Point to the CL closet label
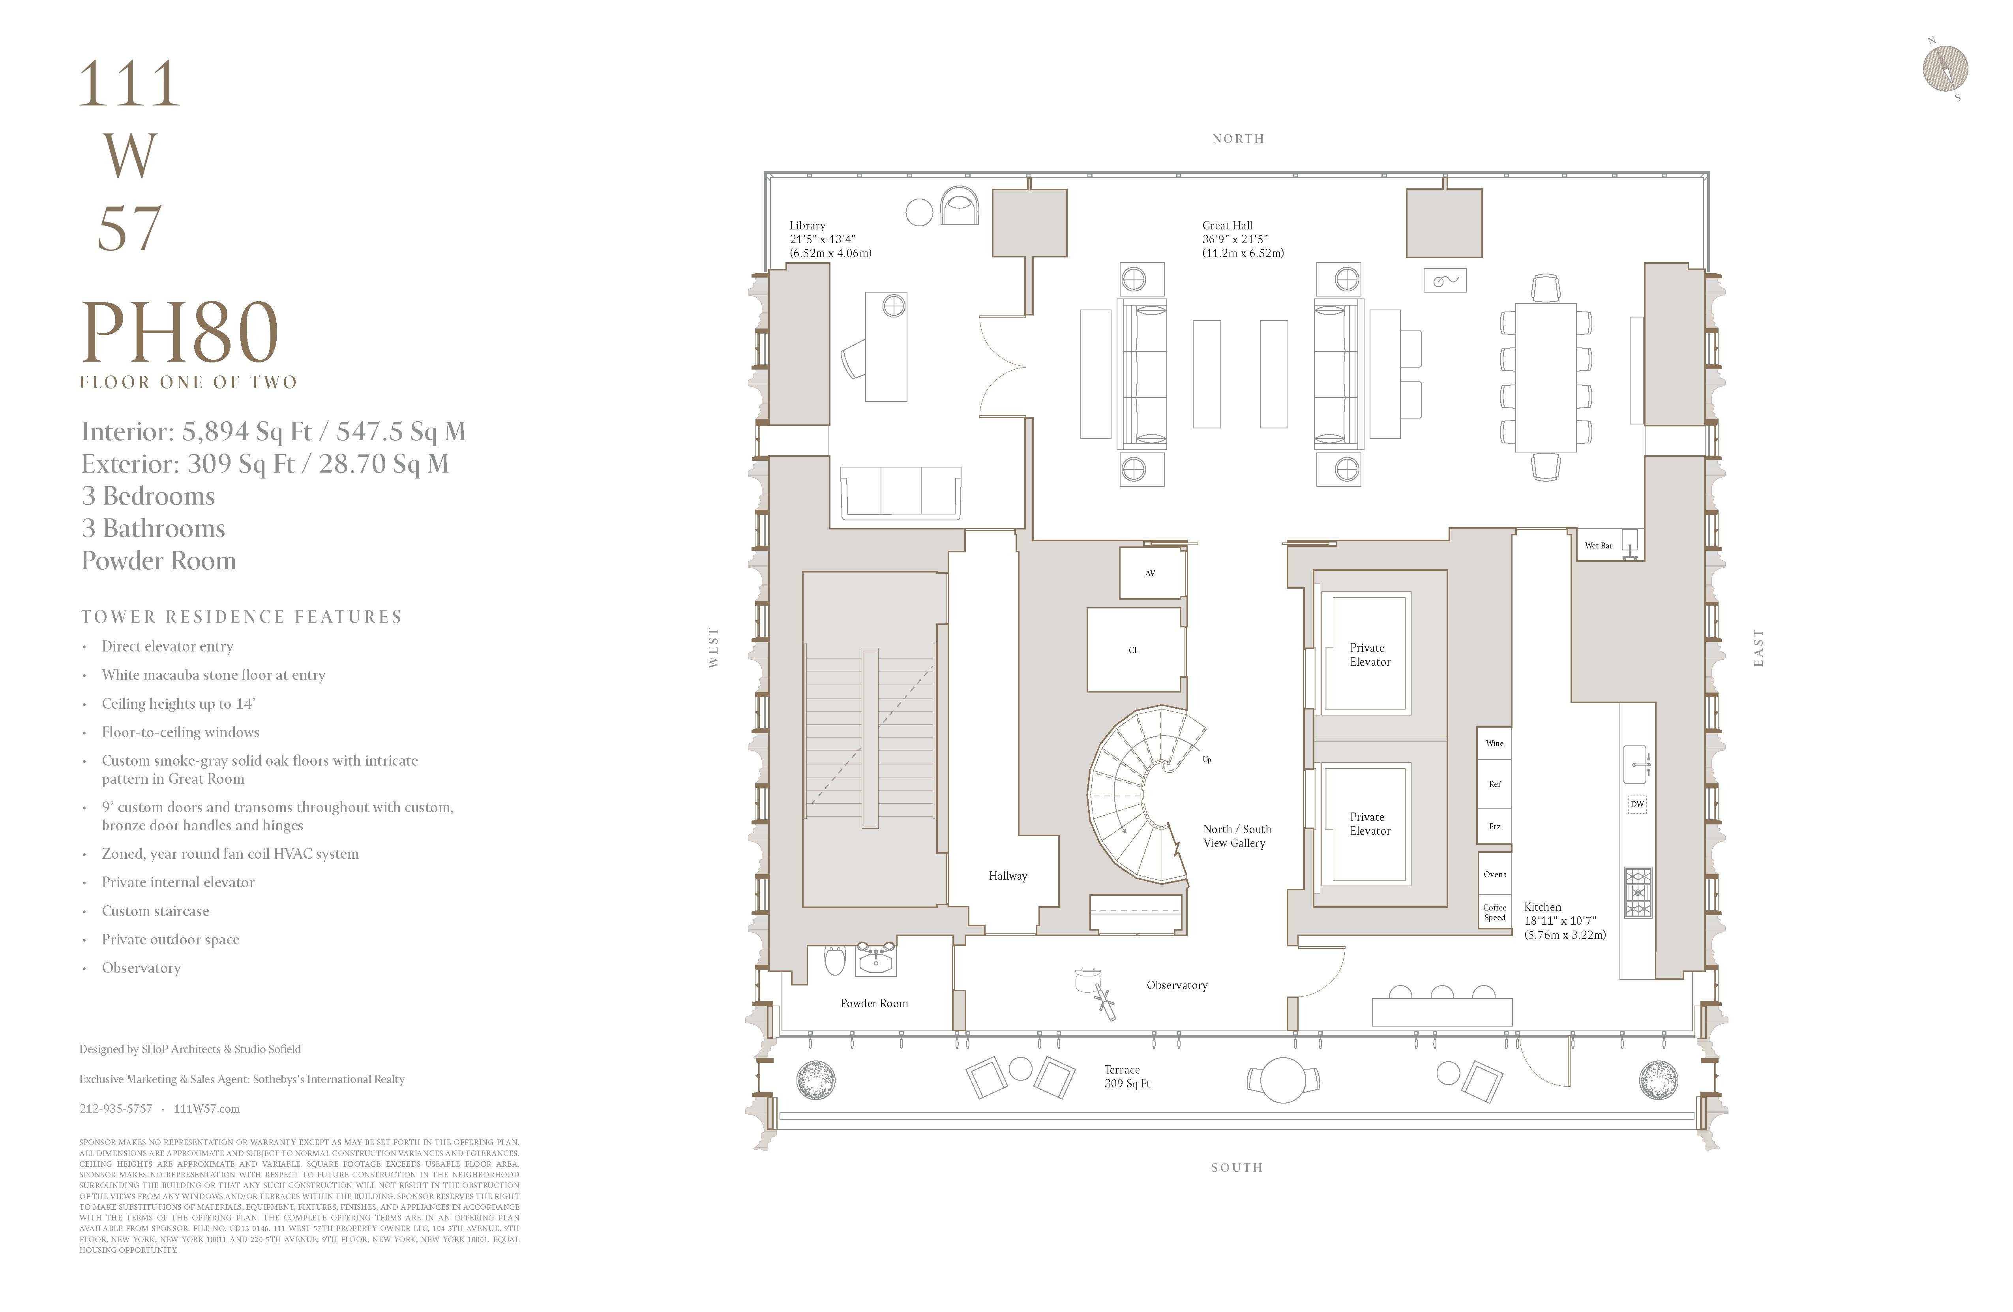[1133, 649]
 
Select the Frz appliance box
[1494, 826]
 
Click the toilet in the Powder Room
[835, 960]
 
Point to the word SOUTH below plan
[1237, 1167]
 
